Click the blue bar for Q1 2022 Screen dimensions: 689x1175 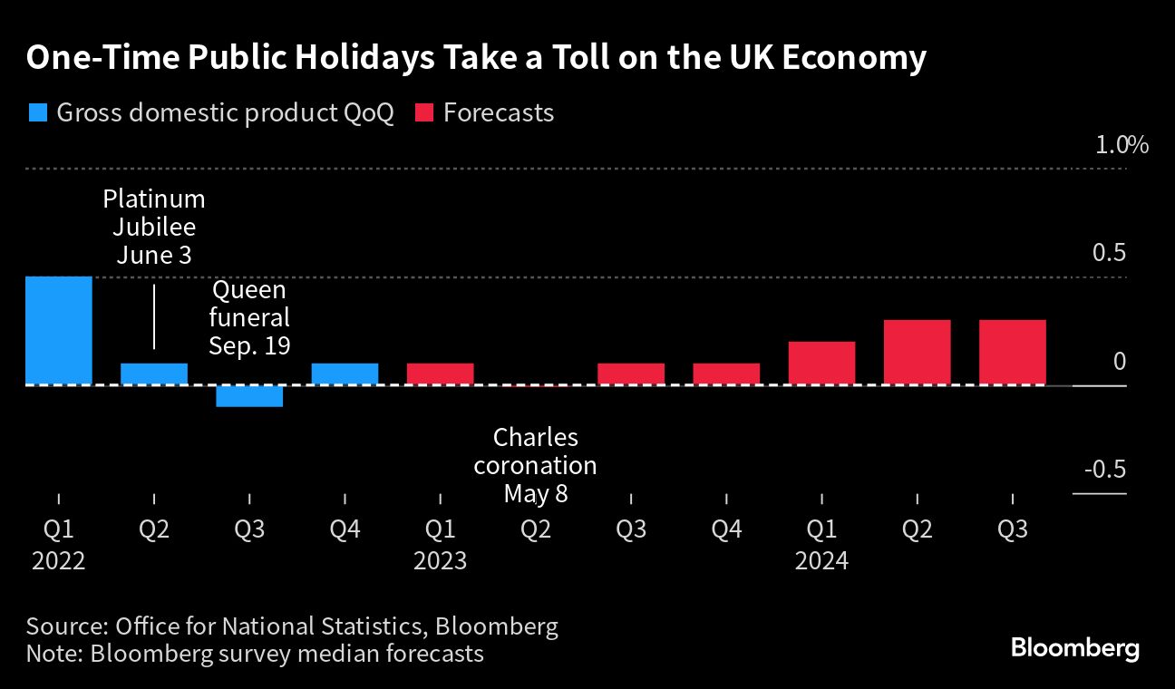tap(59, 330)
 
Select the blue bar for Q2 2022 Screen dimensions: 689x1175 tap(154, 374)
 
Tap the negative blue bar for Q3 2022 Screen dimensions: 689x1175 tap(249, 396)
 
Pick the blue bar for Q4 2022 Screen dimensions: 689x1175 tap(345, 374)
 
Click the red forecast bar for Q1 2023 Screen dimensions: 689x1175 tap(440, 374)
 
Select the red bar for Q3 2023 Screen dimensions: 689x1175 tap(631, 374)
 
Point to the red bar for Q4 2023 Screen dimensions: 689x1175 tap(726, 374)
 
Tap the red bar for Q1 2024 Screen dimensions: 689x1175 tap(821, 363)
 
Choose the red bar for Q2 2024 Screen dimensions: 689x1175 tap(917, 352)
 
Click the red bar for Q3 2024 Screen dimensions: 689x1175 tap(1012, 352)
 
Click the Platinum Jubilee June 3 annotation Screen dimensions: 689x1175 tap(154, 227)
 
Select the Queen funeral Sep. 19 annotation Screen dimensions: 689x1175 tap(249, 318)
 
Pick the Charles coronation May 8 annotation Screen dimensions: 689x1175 tap(536, 465)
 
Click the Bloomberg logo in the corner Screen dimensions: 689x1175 tap(1074, 648)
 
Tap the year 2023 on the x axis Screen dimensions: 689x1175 tap(440, 561)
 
